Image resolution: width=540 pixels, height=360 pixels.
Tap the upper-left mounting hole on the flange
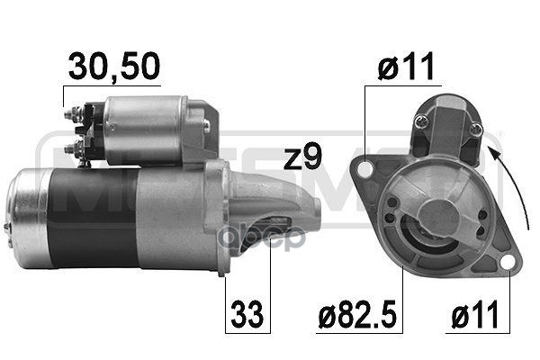(x=366, y=168)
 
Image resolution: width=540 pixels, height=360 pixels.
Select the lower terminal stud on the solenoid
(x=73, y=144)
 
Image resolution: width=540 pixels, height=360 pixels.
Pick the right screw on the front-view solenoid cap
(x=475, y=132)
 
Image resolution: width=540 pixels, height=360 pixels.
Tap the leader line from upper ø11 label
(x=365, y=126)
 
